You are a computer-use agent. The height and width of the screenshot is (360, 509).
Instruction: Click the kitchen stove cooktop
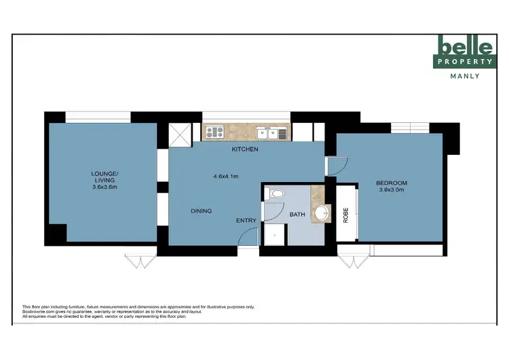(215, 133)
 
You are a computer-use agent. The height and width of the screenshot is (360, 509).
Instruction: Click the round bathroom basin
(320, 215)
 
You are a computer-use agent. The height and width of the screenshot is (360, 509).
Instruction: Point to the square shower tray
(274, 235)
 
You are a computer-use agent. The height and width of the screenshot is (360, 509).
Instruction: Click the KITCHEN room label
(245, 149)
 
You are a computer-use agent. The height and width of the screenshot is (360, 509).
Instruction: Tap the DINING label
(202, 211)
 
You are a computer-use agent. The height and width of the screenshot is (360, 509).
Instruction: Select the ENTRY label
(246, 221)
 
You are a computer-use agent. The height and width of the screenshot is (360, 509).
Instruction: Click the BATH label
(298, 215)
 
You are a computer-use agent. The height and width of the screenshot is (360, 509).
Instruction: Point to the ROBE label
(345, 215)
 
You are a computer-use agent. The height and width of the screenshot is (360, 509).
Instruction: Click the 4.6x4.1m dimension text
(227, 177)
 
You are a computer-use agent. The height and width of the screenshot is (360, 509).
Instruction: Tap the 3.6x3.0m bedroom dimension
(392, 190)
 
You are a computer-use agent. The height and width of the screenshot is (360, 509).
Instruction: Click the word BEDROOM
(392, 183)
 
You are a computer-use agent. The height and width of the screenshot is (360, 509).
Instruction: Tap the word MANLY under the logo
(465, 76)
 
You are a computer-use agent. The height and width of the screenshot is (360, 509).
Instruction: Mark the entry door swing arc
(249, 237)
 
